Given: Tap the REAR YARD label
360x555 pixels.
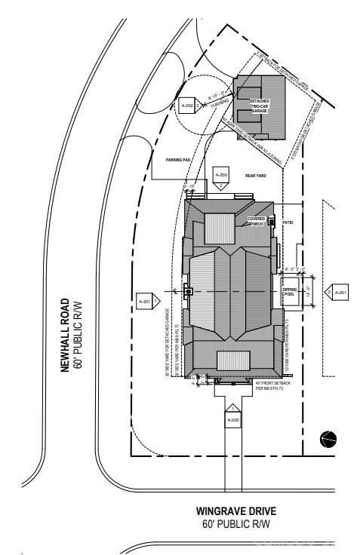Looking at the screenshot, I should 256,175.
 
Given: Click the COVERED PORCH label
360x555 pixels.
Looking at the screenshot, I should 257,221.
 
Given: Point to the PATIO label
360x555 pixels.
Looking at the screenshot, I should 287,223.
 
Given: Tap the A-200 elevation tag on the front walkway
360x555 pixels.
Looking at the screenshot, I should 233,418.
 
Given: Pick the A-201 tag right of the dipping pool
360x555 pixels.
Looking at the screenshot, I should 339,293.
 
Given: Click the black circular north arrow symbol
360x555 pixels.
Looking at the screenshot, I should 328,438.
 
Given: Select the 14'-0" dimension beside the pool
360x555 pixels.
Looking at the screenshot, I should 307,290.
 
